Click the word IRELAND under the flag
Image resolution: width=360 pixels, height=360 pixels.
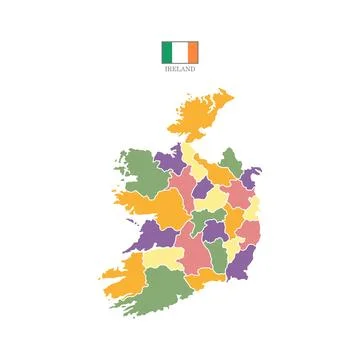pos(180,70)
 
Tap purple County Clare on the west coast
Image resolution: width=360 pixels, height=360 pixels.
pos(151,236)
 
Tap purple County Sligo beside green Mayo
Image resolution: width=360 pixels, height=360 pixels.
pos(169,159)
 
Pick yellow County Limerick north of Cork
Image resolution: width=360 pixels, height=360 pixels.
pos(160,259)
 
